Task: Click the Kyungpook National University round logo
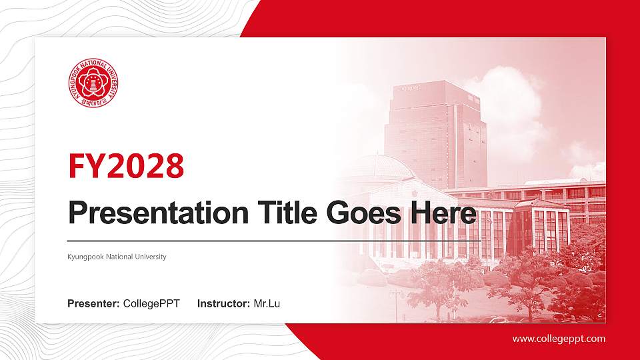tap(93, 85)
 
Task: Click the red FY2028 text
tap(126, 167)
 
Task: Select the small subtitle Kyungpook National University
tap(117, 257)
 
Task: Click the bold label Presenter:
tap(93, 304)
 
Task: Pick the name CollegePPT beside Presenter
tap(151, 304)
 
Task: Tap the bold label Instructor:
tap(224, 304)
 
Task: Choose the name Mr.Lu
tap(267, 304)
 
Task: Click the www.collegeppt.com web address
tap(559, 339)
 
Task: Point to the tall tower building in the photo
tap(433, 133)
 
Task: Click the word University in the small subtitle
tap(151, 257)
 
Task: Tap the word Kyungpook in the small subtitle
tap(83, 257)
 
